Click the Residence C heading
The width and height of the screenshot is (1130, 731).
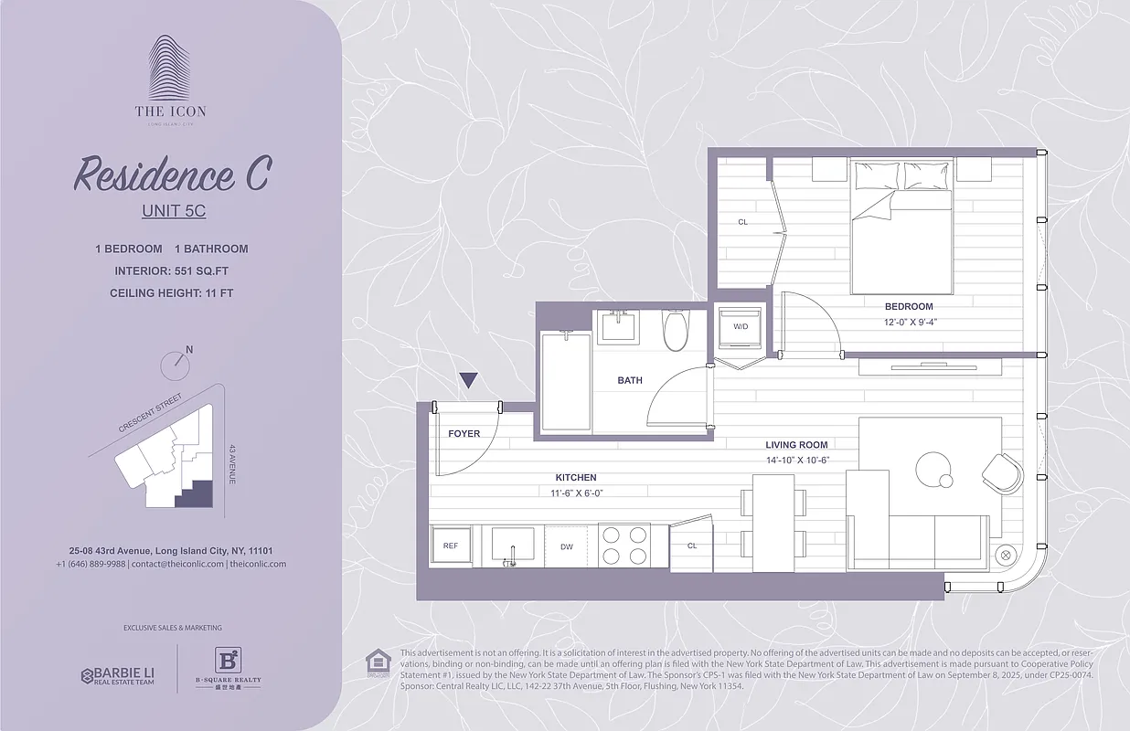[x=172, y=175]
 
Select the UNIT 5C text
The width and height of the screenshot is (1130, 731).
[x=174, y=211]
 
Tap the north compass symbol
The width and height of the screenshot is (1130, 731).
[x=175, y=363]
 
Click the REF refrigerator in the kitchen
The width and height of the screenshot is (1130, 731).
[x=451, y=546]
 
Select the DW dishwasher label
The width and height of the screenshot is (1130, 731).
[x=567, y=546]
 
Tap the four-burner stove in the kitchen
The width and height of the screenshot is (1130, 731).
[x=624, y=546]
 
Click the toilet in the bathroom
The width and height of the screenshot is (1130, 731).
[x=676, y=330]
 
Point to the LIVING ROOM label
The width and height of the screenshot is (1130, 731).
[x=796, y=445]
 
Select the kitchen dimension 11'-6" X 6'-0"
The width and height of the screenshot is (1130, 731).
[x=576, y=493]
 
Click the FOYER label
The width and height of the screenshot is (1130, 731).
[x=464, y=433]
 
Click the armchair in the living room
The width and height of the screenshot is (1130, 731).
[x=1002, y=472]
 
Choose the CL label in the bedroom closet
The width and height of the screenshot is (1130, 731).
[x=742, y=222]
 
